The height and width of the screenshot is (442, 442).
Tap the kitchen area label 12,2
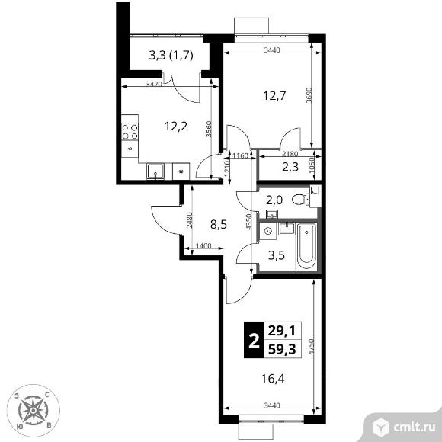(176, 127)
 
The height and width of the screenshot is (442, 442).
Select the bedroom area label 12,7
(274, 96)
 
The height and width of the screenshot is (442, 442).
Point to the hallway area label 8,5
(219, 225)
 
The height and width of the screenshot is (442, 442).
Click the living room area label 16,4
(273, 379)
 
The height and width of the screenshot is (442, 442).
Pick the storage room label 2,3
(290, 168)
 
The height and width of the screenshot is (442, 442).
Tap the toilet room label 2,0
(274, 200)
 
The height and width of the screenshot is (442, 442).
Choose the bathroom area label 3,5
(277, 255)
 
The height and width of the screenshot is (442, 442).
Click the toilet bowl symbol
(301, 200)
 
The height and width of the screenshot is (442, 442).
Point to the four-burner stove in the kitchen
(130, 132)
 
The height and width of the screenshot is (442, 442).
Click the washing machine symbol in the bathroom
(268, 231)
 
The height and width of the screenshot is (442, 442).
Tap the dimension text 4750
(311, 347)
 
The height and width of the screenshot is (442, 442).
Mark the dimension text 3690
(309, 95)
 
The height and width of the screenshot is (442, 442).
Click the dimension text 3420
(154, 84)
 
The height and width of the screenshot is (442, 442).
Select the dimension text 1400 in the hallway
(203, 246)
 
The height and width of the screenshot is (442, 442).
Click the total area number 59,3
(282, 350)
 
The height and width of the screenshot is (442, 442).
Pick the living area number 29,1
(282, 331)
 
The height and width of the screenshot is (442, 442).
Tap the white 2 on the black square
(254, 340)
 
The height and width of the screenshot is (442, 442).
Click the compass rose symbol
(34, 411)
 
